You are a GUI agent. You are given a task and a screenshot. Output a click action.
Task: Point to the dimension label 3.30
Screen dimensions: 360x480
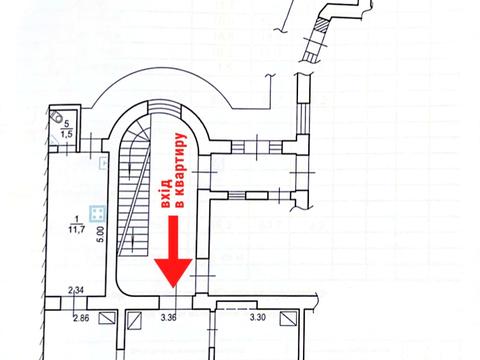point(258,319)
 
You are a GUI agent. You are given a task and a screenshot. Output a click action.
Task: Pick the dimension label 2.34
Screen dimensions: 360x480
point(76,291)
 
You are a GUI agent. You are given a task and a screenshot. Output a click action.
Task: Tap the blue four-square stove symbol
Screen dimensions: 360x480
point(97,213)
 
